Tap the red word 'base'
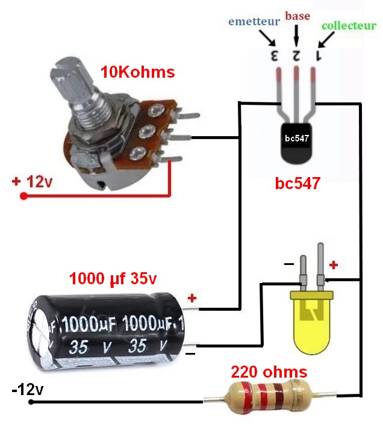coord(297,16)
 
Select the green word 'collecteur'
coord(349,26)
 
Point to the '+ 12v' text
coord(32,181)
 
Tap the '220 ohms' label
coord(269,371)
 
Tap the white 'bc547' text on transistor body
coord(296,138)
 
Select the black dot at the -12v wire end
coord(43,401)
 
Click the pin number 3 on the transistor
coord(275,57)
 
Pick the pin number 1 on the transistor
coord(319,57)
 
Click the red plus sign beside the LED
coord(334,264)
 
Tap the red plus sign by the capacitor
coord(192,298)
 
